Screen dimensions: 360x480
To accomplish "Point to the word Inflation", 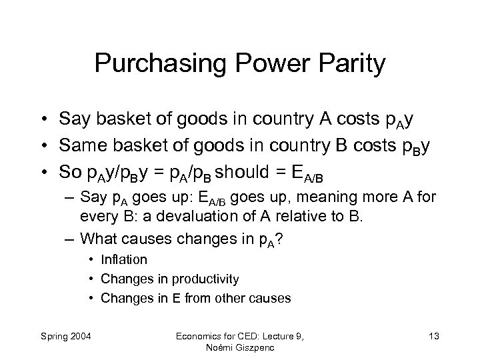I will [124, 259].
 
